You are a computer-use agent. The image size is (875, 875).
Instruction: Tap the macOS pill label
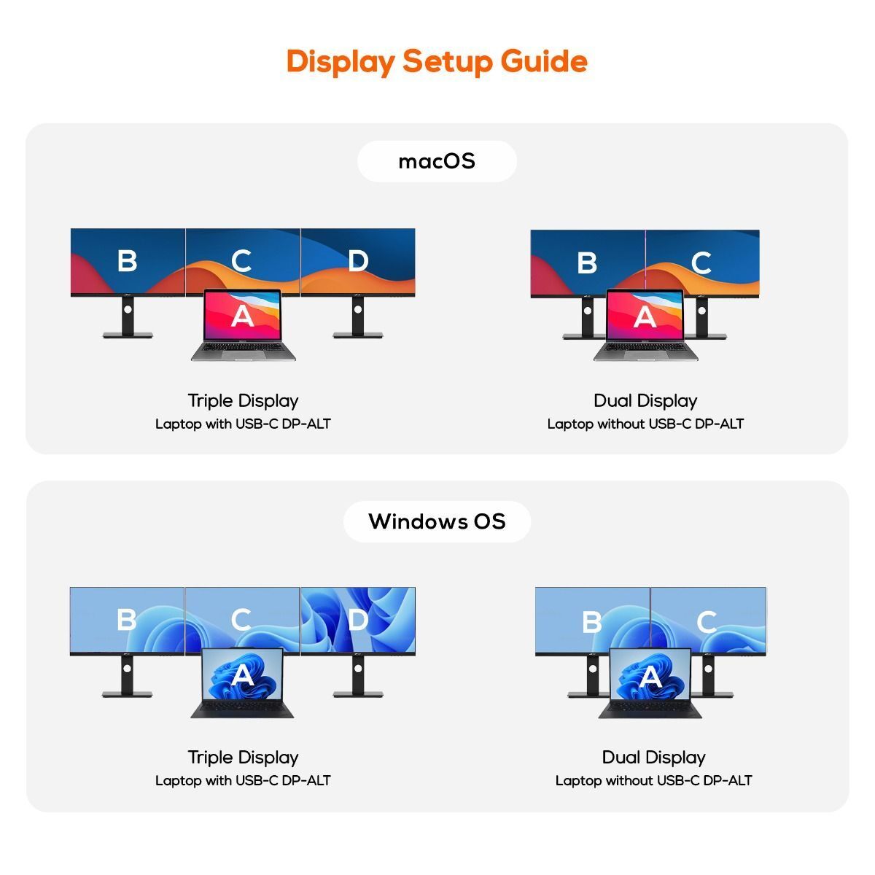(x=437, y=161)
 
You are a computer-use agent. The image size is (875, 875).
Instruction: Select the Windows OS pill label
(x=437, y=521)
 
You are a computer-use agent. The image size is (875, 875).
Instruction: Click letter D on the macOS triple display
(x=358, y=261)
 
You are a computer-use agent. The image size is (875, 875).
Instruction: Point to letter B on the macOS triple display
(x=127, y=260)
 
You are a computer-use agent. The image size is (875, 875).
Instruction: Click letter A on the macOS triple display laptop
(x=243, y=316)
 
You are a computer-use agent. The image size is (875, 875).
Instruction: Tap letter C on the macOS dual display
(x=701, y=263)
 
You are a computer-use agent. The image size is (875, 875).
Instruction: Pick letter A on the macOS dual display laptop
(x=645, y=316)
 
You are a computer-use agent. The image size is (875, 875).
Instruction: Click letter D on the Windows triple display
(x=358, y=620)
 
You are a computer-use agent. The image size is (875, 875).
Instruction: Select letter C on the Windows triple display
(x=241, y=619)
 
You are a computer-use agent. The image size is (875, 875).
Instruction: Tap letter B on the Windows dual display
(x=591, y=622)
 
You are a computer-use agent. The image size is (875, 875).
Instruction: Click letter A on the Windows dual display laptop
(x=651, y=677)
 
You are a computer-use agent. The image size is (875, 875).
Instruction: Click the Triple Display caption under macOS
(x=243, y=401)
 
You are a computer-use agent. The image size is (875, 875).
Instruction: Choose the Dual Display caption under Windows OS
(x=653, y=758)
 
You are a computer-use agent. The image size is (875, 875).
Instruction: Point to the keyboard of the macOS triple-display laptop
(x=243, y=347)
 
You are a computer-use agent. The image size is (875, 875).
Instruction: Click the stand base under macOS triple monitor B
(x=128, y=335)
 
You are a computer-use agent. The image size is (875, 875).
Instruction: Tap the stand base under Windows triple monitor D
(x=358, y=694)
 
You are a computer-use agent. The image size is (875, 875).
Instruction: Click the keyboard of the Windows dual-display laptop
(x=650, y=707)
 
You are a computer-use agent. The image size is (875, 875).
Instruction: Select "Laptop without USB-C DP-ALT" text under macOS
(x=645, y=424)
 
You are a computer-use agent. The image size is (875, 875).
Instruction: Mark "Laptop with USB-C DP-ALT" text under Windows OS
(x=243, y=780)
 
